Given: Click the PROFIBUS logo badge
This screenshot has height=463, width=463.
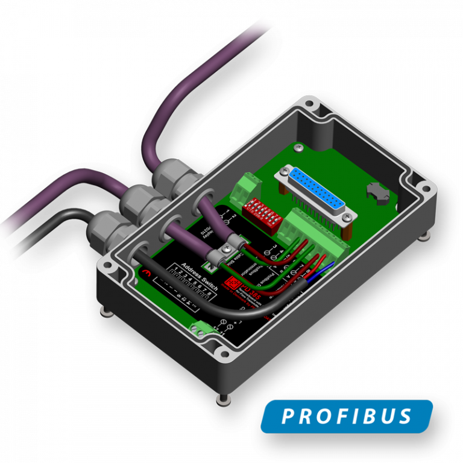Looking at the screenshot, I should pyautogui.click(x=347, y=416).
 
